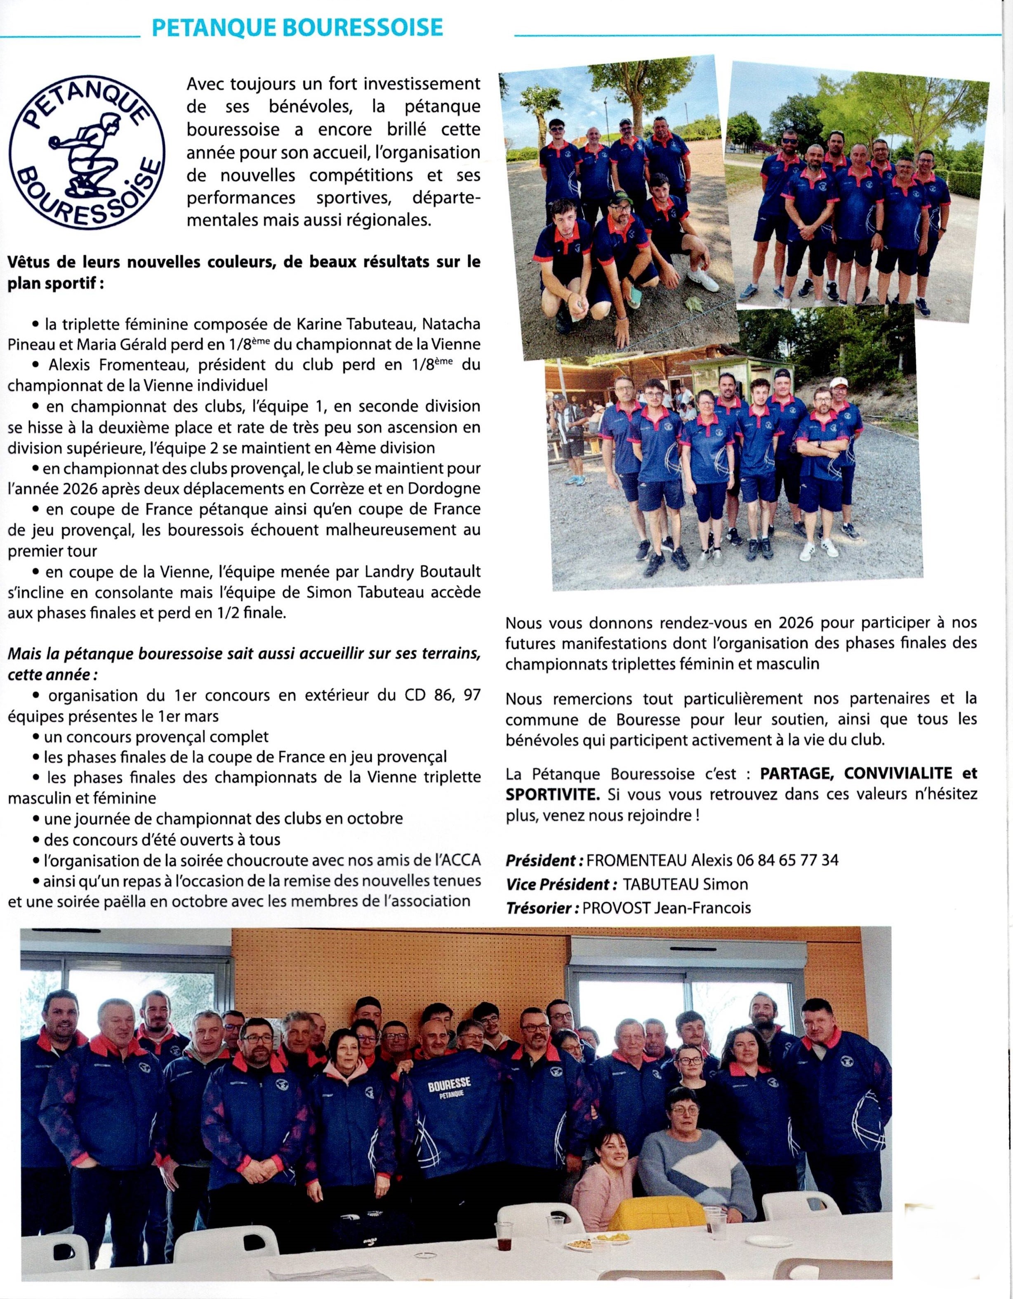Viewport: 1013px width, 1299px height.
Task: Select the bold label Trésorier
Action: tap(542, 908)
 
